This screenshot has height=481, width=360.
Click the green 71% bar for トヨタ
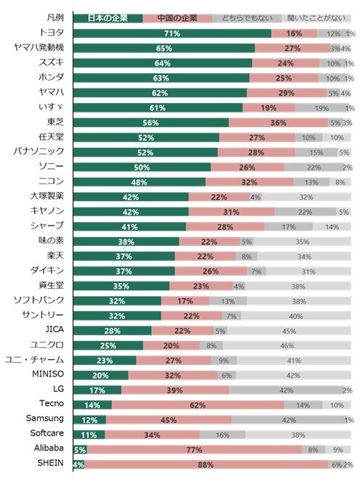point(172,33)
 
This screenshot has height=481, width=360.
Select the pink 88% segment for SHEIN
point(206,465)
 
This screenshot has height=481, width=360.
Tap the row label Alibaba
point(49,448)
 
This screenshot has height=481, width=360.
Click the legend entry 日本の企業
point(108,18)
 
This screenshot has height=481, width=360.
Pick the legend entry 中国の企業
point(177,18)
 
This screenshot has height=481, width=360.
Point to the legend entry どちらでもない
point(247,18)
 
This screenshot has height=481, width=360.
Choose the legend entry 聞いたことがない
point(316,18)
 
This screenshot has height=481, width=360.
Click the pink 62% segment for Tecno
point(198,406)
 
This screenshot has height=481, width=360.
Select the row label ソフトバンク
point(38,300)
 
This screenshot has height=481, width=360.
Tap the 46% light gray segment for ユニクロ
point(287,346)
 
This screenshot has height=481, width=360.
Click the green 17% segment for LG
point(97,390)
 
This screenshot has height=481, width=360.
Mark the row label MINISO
point(48,374)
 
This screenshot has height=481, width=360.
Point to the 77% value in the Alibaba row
point(195,450)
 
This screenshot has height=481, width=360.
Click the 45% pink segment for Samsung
point(169,420)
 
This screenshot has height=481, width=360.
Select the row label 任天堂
point(52,137)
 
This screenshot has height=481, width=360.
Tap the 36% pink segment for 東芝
point(279,123)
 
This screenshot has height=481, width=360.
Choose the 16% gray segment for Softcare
point(223,435)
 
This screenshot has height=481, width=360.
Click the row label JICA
point(54,329)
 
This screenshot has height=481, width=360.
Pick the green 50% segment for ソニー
point(142,167)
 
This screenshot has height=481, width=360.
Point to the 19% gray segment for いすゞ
point(322,108)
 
